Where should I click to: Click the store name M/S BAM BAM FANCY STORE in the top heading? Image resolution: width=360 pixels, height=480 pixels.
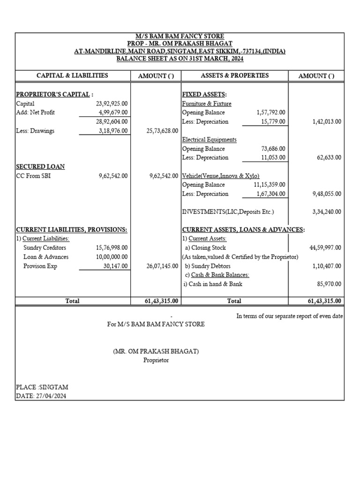pos(180,37)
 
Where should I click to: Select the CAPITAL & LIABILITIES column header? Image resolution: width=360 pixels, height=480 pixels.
pos(72,75)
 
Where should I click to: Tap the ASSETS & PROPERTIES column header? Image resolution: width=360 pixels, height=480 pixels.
pos(234,75)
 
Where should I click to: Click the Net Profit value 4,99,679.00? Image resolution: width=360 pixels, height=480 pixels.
pos(111,112)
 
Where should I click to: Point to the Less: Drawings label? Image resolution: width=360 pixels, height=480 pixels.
pos(35,131)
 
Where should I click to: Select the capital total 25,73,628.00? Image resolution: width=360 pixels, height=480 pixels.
pos(162,131)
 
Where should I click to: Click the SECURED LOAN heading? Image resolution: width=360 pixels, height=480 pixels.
pos(40,167)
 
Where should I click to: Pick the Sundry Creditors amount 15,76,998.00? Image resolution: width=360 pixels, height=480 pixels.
pos(112,247)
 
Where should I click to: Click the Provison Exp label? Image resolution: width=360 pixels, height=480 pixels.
pos(40,266)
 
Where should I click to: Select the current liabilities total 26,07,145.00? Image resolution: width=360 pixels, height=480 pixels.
pos(162,266)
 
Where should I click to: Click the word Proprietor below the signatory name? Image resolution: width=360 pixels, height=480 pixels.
pos(156,360)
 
